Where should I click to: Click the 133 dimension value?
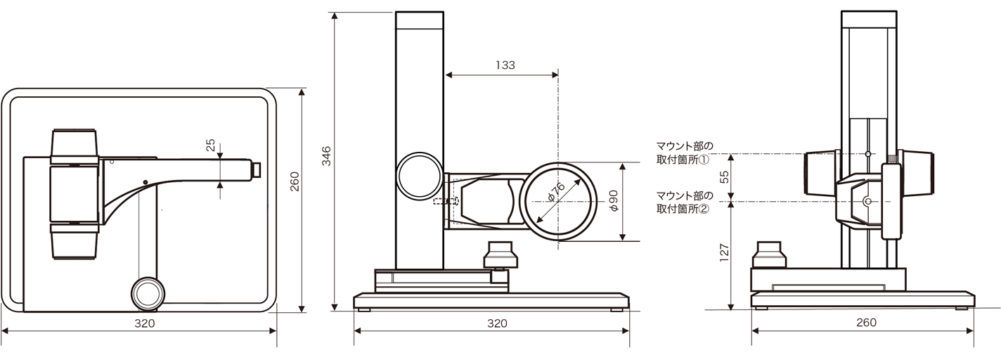[x=505, y=65]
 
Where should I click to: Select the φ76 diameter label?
[x=554, y=193]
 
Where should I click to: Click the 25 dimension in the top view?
[x=210, y=146]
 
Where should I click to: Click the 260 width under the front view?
[x=866, y=323]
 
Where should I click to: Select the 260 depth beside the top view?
[x=295, y=181]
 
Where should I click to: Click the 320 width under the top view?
[x=144, y=323]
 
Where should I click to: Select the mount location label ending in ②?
[x=683, y=202]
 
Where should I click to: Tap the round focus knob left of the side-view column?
[x=418, y=176]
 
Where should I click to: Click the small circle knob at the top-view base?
[x=148, y=292]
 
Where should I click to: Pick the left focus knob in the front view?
[x=821, y=174]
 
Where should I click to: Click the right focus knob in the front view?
[x=917, y=172]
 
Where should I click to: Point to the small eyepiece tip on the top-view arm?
[x=257, y=169]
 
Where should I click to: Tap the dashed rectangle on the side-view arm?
[x=446, y=202]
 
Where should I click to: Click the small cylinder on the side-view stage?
[x=500, y=255]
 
